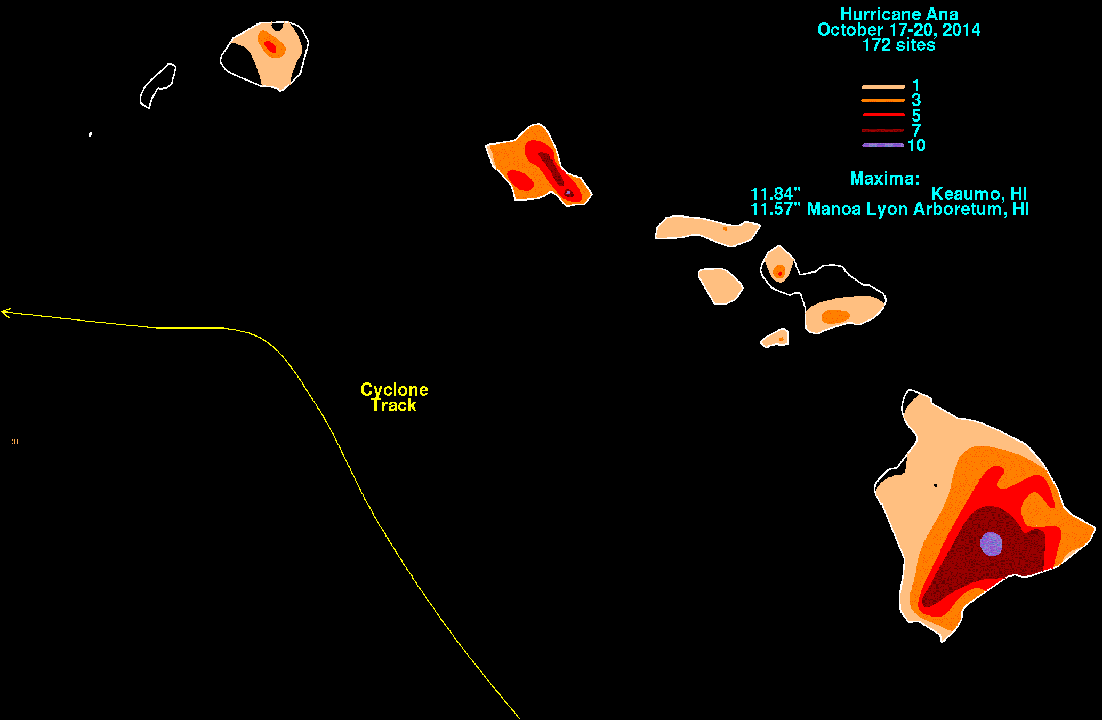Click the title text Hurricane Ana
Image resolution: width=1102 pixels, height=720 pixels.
(x=899, y=14)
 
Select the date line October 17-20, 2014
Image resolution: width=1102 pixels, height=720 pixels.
(x=899, y=30)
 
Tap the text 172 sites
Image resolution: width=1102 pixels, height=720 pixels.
(x=899, y=45)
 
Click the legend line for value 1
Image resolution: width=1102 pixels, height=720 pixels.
(x=883, y=86)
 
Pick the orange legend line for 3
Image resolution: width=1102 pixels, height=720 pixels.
(x=883, y=100)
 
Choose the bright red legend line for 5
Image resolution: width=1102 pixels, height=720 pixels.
(x=883, y=115)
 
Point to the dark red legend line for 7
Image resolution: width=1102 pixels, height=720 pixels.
(x=883, y=130)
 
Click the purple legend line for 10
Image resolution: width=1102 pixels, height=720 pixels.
(x=883, y=145)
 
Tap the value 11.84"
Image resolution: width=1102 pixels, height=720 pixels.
(x=776, y=194)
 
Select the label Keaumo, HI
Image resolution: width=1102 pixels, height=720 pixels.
(x=979, y=194)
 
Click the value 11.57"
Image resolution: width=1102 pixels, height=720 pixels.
(x=776, y=209)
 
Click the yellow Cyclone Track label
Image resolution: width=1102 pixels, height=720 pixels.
(x=394, y=397)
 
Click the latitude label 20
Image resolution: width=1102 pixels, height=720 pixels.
(x=13, y=442)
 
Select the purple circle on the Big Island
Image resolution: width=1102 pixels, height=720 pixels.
(x=991, y=543)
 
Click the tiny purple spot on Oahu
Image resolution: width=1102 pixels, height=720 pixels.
(x=568, y=193)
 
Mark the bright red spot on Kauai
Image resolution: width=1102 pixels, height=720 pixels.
(x=271, y=46)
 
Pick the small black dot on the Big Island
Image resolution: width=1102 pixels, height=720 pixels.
(x=935, y=485)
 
